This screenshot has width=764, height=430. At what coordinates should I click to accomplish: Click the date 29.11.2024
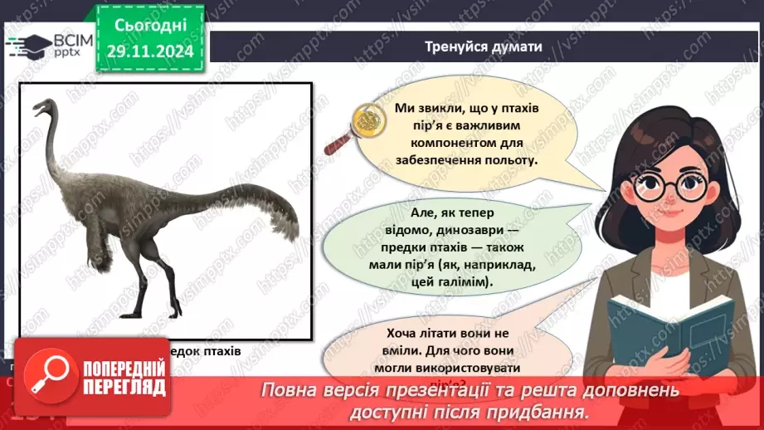coord(150,51)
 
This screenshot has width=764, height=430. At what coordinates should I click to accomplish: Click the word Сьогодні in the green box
coord(150,26)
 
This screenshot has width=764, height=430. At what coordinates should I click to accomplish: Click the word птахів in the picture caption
coord(218,350)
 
